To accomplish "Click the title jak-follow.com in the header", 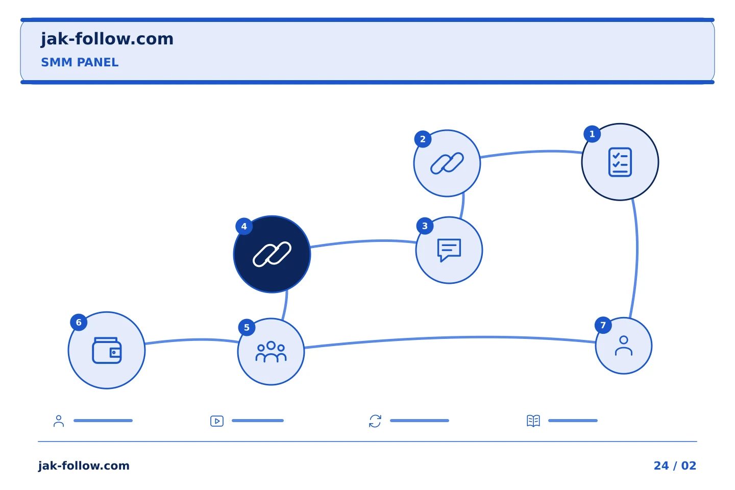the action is [107, 39].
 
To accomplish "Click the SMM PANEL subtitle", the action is [80, 62].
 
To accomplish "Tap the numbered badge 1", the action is [592, 134].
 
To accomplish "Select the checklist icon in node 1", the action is [620, 162].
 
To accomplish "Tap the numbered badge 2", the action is [423, 139].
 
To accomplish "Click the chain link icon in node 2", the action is [447, 163].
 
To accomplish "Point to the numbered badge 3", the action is [425, 226].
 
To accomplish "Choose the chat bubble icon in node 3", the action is [449, 250].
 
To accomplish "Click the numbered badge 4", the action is [244, 226].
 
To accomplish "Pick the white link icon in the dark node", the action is [272, 254].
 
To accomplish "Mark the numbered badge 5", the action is [247, 327].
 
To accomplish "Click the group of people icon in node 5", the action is [271, 352].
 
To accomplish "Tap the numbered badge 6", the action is [79, 322].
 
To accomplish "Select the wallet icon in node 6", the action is [107, 350].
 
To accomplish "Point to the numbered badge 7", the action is [603, 325].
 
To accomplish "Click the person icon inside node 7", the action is [623, 346].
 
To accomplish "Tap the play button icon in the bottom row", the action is [217, 421].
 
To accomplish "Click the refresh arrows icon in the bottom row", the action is [375, 421].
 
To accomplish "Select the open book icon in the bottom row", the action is [533, 421].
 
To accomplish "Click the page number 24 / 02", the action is [675, 465].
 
